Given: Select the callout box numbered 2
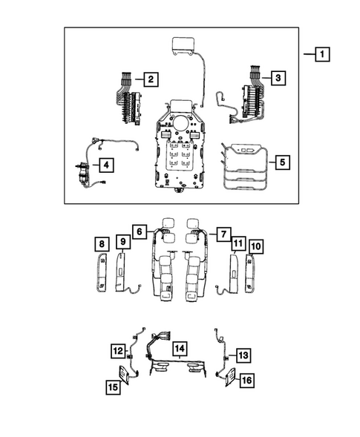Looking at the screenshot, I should click(150, 79).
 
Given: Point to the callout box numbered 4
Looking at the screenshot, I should click(107, 164).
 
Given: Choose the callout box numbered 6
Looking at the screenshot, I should click(139, 232).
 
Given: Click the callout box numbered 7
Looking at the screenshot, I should click(221, 233).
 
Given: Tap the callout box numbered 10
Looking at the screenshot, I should click(256, 246).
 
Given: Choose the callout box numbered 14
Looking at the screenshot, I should click(178, 347).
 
